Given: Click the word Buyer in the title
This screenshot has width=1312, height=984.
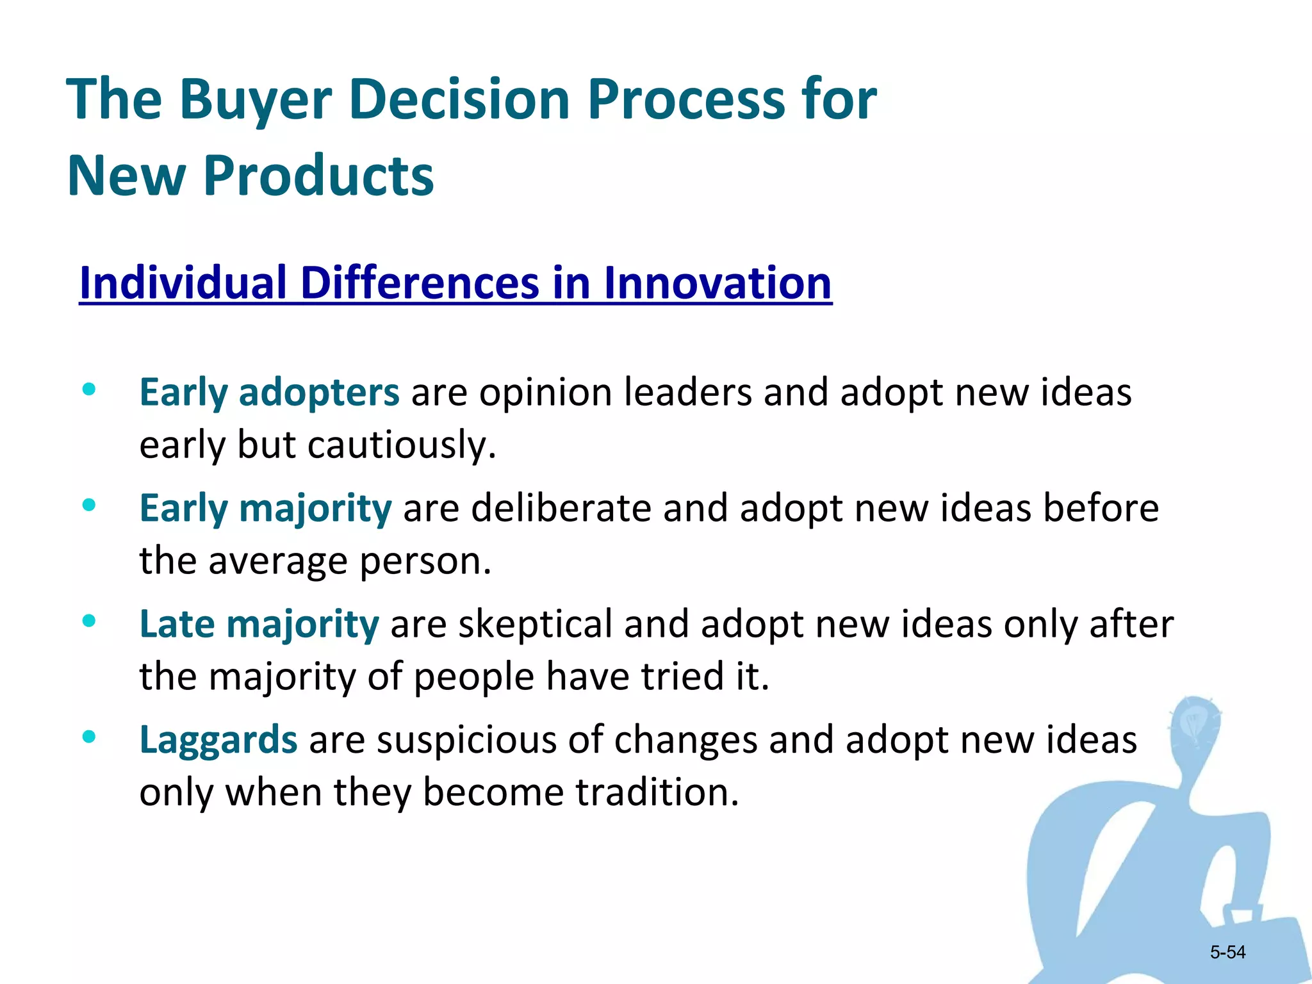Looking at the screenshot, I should pyautogui.click(x=255, y=101).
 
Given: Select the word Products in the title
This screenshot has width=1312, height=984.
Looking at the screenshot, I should pyautogui.click(x=318, y=176).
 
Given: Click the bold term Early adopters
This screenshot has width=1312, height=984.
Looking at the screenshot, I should pyautogui.click(x=269, y=392).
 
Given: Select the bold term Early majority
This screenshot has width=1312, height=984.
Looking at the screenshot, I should pyautogui.click(x=265, y=509).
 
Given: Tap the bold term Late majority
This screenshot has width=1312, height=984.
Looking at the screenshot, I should pyautogui.click(x=259, y=624).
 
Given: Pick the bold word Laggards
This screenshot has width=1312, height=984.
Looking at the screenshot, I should pyautogui.click(x=218, y=740).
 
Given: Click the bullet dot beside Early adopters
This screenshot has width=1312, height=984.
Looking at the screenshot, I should pyautogui.click(x=89, y=389).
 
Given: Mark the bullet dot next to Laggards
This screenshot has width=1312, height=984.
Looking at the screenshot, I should pyautogui.click(x=89, y=737).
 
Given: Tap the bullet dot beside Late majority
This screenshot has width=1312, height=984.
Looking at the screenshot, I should pyautogui.click(x=89, y=621).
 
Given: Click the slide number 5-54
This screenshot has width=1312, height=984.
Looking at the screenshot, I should pyautogui.click(x=1227, y=953).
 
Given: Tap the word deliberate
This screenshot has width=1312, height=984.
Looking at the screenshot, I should pyautogui.click(x=561, y=509).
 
